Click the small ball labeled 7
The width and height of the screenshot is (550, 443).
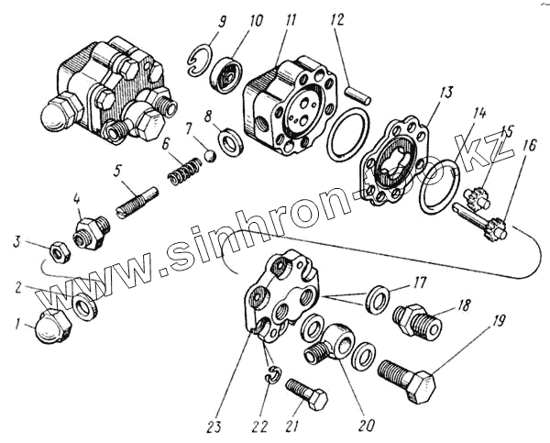pyautogui.click(x=210, y=155)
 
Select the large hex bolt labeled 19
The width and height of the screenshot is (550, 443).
pyautogui.click(x=408, y=376)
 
